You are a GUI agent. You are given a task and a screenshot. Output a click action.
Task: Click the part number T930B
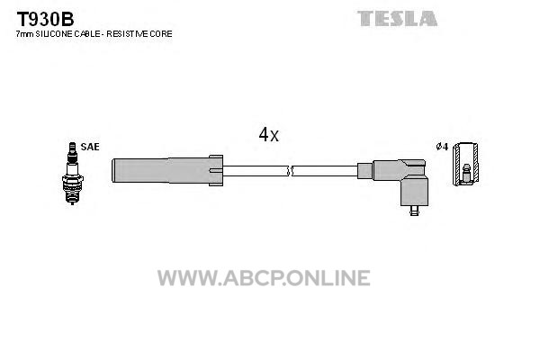click(45, 19)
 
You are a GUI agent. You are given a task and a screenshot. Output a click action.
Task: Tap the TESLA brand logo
click(397, 19)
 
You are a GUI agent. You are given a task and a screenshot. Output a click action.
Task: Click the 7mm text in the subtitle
click(25, 34)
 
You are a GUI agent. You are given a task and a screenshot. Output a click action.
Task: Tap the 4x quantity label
click(268, 135)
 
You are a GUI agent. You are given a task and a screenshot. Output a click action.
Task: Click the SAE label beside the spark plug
click(90, 147)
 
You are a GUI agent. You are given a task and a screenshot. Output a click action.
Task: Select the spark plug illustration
click(72, 174)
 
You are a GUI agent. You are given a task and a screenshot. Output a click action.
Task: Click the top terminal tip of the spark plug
click(72, 144)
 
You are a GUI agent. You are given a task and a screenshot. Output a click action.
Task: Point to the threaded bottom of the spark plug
click(72, 197)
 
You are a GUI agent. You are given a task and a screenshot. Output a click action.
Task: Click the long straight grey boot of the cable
click(161, 170)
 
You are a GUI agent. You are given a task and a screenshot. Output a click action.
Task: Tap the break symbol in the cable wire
click(290, 171)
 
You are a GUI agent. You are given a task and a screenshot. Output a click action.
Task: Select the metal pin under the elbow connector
click(414, 211)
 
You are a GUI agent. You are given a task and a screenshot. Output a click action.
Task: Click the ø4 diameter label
click(442, 147)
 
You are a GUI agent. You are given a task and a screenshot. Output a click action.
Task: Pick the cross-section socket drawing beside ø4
click(465, 164)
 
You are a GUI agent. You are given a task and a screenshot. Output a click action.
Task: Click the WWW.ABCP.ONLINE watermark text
click(264, 278)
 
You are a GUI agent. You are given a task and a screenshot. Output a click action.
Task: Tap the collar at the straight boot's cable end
click(216, 170)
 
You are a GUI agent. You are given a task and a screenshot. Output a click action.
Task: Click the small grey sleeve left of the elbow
click(365, 171)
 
